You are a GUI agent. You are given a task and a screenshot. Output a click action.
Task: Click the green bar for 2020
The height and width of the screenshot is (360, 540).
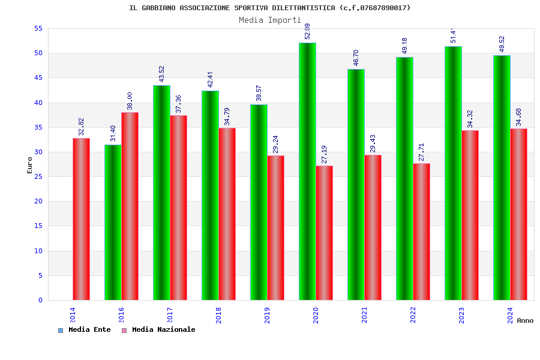click(x=307, y=171)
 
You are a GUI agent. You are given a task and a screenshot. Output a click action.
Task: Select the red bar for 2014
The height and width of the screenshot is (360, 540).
click(x=81, y=219)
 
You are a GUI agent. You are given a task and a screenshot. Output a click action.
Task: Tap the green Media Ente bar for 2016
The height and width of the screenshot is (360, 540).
click(x=113, y=222)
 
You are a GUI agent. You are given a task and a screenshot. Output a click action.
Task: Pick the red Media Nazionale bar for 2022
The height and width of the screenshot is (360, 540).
click(x=421, y=232)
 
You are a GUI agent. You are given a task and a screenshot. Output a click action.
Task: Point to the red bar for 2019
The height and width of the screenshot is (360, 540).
click(x=275, y=227)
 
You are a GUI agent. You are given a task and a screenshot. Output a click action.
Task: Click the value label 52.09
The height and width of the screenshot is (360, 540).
click(x=308, y=31)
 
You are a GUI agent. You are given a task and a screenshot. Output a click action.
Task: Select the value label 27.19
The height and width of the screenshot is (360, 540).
click(x=325, y=154)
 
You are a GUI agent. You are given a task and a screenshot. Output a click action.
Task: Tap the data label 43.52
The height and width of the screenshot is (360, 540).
click(x=162, y=74)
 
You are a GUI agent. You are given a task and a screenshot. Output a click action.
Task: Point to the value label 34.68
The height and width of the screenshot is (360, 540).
click(x=519, y=117)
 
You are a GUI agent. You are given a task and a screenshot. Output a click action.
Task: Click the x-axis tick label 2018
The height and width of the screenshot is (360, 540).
click(x=219, y=315)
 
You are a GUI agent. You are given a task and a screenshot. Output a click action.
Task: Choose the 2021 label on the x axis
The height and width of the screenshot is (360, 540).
click(x=365, y=315)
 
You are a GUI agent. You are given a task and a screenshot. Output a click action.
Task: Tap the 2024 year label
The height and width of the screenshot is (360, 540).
click(x=511, y=315)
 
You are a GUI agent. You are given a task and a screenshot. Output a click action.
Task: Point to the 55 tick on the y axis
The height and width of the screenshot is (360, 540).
click(x=38, y=28)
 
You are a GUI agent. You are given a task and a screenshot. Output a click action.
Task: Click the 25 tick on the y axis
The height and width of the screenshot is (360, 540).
click(x=38, y=176)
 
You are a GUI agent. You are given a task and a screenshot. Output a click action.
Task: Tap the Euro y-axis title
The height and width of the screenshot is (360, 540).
click(x=30, y=165)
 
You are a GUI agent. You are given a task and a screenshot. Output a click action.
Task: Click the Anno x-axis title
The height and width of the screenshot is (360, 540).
click(x=525, y=320)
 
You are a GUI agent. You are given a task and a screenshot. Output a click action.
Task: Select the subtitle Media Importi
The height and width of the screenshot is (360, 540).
click(x=270, y=20)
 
